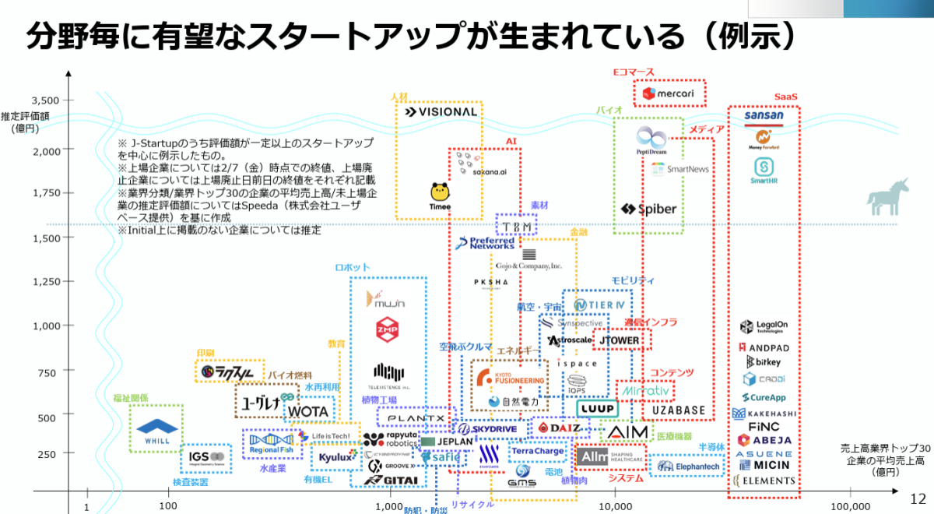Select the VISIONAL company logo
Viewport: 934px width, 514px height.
441,111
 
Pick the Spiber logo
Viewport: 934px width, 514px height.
649,209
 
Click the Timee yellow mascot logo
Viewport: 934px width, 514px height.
440,195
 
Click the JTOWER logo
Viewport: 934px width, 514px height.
620,340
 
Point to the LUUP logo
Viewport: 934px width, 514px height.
597,408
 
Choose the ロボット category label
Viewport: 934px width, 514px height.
352,267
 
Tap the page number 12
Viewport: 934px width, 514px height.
918,499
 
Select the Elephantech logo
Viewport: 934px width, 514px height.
687,466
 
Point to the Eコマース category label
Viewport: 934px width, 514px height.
633,72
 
